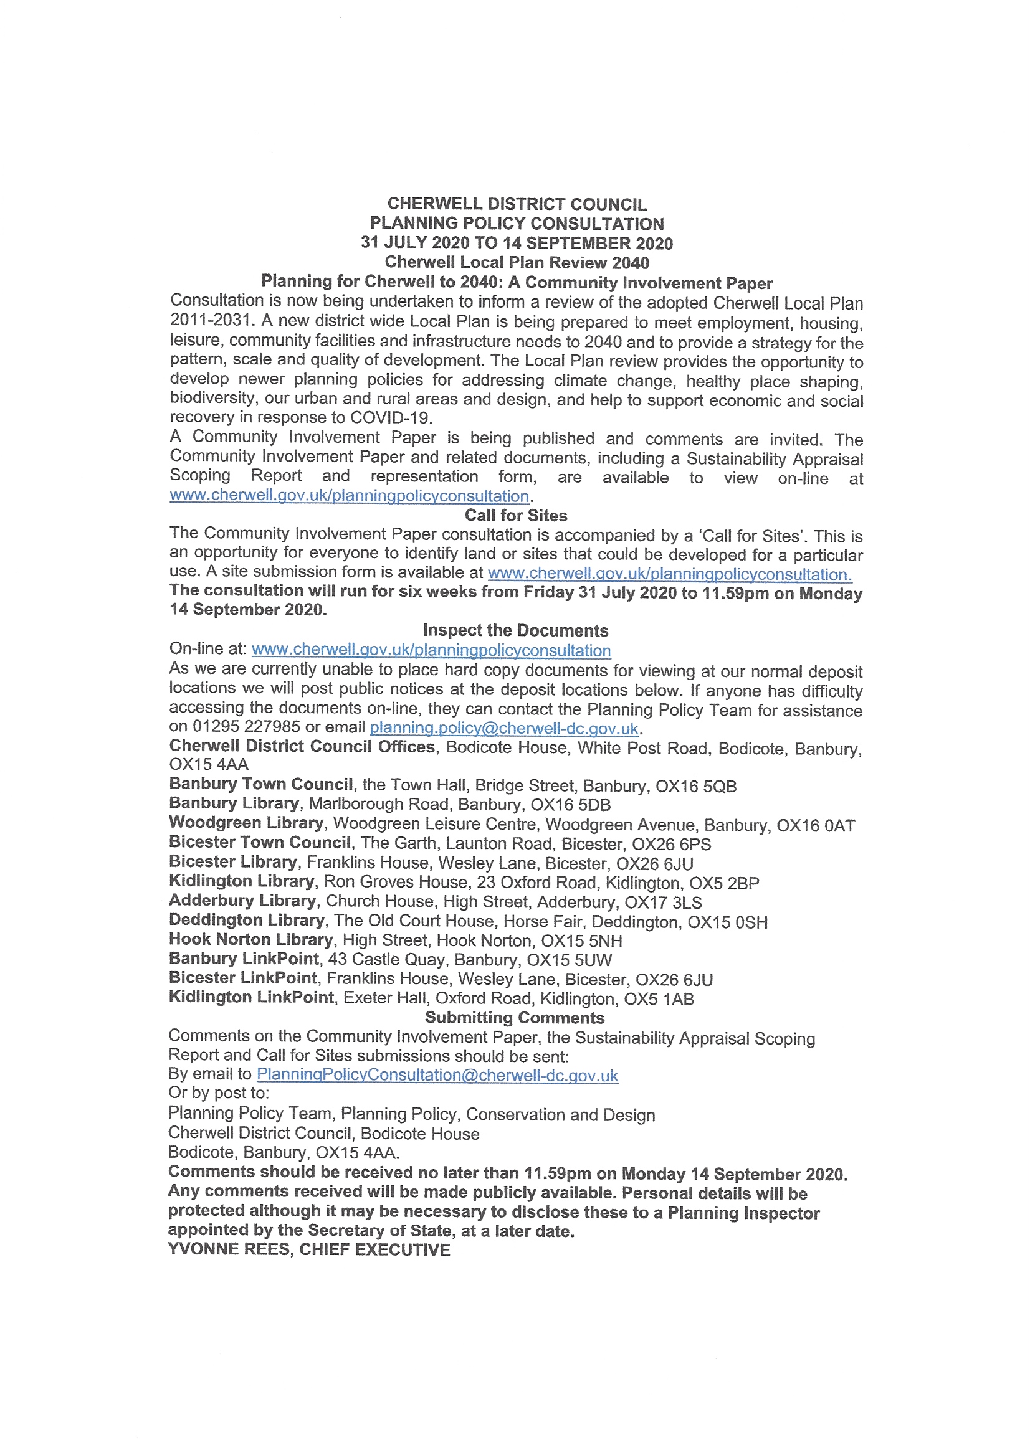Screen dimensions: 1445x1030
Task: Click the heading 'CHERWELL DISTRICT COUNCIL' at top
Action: pyautogui.click(x=517, y=204)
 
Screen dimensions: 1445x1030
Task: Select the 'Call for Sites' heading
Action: pyautogui.click(x=516, y=515)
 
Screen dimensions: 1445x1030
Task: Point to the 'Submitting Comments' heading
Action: pyautogui.click(x=514, y=1017)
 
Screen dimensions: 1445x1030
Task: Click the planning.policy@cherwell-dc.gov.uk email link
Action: pyautogui.click(x=503, y=728)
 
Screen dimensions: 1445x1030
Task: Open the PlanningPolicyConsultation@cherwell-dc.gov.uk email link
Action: pyautogui.click(x=437, y=1075)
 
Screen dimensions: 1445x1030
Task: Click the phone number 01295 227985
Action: pyautogui.click(x=246, y=727)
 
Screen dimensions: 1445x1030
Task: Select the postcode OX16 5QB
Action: pyautogui.click(x=696, y=787)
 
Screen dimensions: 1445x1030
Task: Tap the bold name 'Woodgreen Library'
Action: pyautogui.click(x=246, y=823)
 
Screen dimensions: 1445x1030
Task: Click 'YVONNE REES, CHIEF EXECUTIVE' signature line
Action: pyautogui.click(x=309, y=1249)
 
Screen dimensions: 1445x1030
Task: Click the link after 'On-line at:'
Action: pyautogui.click(x=431, y=650)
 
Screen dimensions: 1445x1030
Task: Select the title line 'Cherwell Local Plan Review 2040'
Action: pyautogui.click(x=517, y=262)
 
